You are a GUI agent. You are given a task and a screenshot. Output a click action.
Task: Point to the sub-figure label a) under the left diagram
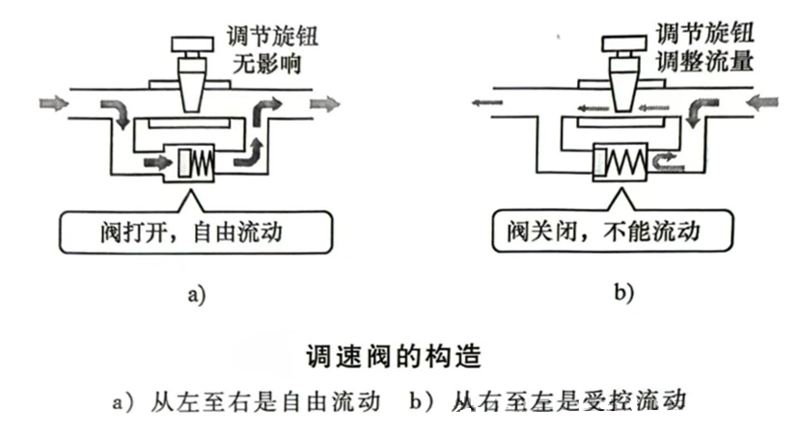196,293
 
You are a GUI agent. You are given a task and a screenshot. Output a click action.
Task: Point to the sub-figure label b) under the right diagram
623,293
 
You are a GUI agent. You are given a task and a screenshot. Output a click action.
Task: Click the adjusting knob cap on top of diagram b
623,43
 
